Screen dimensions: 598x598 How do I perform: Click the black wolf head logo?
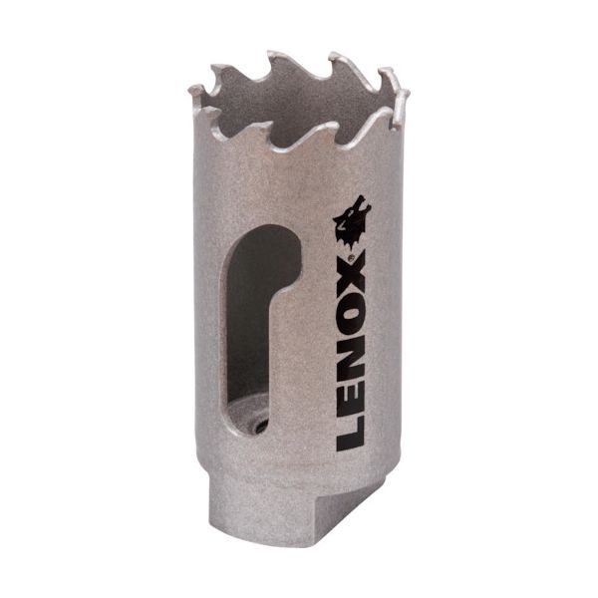tap(352, 224)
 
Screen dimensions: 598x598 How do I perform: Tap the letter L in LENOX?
tap(351, 435)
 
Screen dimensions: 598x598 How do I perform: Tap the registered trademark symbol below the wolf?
tap(353, 257)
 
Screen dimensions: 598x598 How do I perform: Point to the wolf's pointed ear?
tap(360, 199)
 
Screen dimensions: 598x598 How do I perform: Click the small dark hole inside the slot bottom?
tap(259, 426)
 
